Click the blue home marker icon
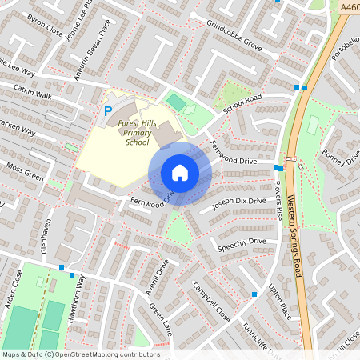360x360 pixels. click(x=179, y=173)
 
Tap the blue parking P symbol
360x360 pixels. click(x=107, y=113)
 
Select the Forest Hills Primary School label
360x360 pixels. click(x=137, y=132)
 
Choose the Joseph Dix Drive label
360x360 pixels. click(x=238, y=205)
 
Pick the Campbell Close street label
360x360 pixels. click(x=211, y=301)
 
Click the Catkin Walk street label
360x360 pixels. click(x=32, y=94)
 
